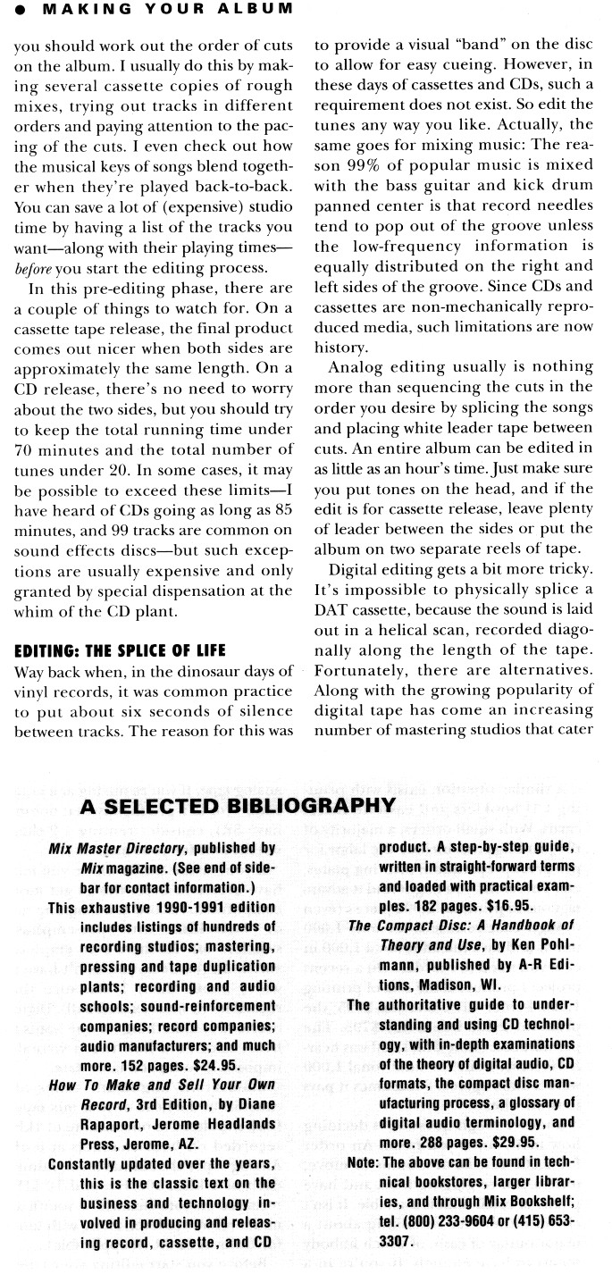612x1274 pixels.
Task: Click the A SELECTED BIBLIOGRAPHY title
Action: click(237, 806)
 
